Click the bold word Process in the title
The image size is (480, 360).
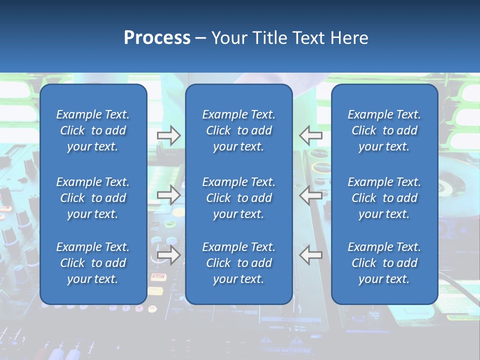pyautogui.click(x=157, y=38)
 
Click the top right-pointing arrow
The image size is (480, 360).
pyautogui.click(x=169, y=135)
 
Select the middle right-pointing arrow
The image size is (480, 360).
pyautogui.click(x=169, y=195)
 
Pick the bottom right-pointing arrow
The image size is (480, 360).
pyautogui.click(x=169, y=255)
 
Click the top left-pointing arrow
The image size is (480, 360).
pyautogui.click(x=310, y=135)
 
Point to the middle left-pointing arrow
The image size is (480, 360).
pyautogui.click(x=310, y=195)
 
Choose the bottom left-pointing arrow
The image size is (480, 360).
pyautogui.click(x=310, y=255)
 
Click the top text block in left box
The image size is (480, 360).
pyautogui.click(x=93, y=130)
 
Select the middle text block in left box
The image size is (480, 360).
pyautogui.click(x=93, y=198)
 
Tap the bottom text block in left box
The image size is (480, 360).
pyautogui.click(x=93, y=263)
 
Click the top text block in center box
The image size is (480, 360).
pyautogui.click(x=238, y=130)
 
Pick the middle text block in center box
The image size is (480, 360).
pyautogui.click(x=238, y=198)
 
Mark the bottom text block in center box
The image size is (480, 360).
pyautogui.click(x=238, y=263)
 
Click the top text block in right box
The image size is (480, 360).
pyautogui.click(x=384, y=130)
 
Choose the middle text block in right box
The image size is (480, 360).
pyautogui.click(x=384, y=198)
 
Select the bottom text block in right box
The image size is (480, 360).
pyautogui.click(x=384, y=263)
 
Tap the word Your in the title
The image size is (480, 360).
pyautogui.click(x=229, y=38)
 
